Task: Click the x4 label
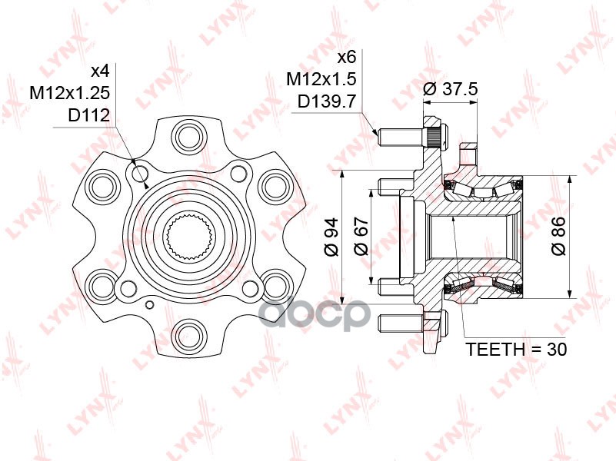pos(100,71)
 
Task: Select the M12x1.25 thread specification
pos(70,94)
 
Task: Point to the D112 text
pos(88,115)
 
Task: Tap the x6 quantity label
pos(347,58)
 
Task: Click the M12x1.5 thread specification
pos(321,80)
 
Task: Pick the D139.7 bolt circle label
pos(327,102)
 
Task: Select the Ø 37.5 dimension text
pos(450,89)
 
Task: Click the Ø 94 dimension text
pos(332,237)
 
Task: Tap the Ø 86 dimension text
pos(558,236)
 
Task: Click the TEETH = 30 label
pos(516,349)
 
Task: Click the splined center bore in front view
pos(190,238)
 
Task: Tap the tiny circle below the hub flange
pos(150,305)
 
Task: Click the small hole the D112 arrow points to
pos(139,174)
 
